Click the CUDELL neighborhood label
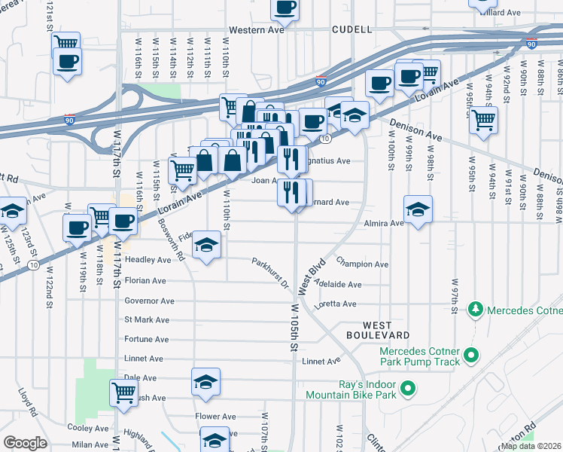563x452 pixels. pos(352,29)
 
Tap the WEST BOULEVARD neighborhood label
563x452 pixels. pos(378,328)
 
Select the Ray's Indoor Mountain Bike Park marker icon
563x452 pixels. pos(408,389)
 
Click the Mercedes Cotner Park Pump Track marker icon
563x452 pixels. pos(471,354)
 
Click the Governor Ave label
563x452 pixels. pos(149,301)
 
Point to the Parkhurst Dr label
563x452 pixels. pos(270,273)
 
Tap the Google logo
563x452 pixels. pos(25,443)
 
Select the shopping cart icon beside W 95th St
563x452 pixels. pos(483,119)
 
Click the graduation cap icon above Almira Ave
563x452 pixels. pos(418,209)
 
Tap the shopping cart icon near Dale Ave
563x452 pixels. pos(124,392)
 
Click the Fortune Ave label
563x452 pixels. pos(147,341)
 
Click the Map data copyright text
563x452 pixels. pos(530,446)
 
